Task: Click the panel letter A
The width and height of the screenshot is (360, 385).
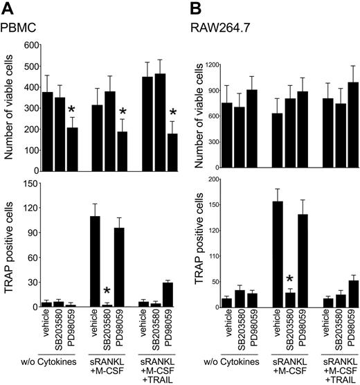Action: click(8, 9)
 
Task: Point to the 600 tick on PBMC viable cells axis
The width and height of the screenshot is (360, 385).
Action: click(33, 45)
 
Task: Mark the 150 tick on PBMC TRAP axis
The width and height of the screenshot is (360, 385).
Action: click(33, 183)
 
